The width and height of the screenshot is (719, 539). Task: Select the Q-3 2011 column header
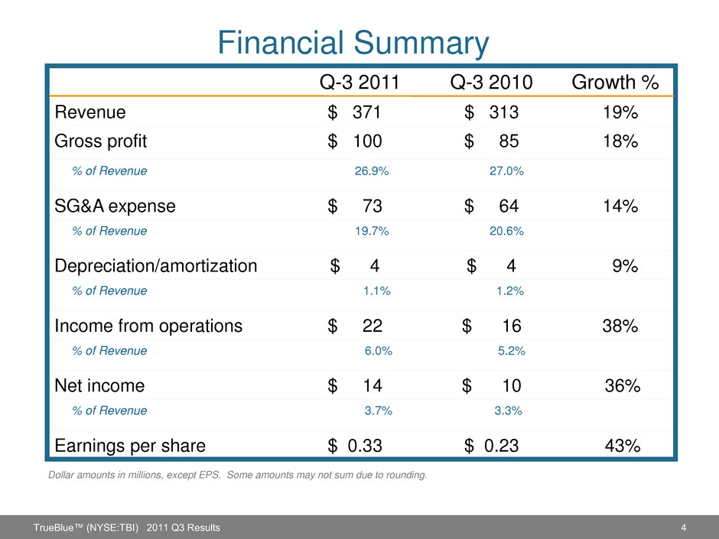point(358,82)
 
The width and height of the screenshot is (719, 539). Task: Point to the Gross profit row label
point(101,141)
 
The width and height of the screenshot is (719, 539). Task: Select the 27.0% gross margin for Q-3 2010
point(506,171)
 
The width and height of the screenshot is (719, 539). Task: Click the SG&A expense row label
point(115,206)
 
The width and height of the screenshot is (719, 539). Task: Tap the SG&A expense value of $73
point(356,206)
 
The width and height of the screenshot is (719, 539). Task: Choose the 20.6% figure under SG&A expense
point(506,230)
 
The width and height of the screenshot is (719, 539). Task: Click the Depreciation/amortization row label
point(156,266)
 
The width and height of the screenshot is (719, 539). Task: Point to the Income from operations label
point(148,326)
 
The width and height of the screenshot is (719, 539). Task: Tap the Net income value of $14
point(356,387)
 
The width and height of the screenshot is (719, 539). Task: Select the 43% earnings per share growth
point(623,446)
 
